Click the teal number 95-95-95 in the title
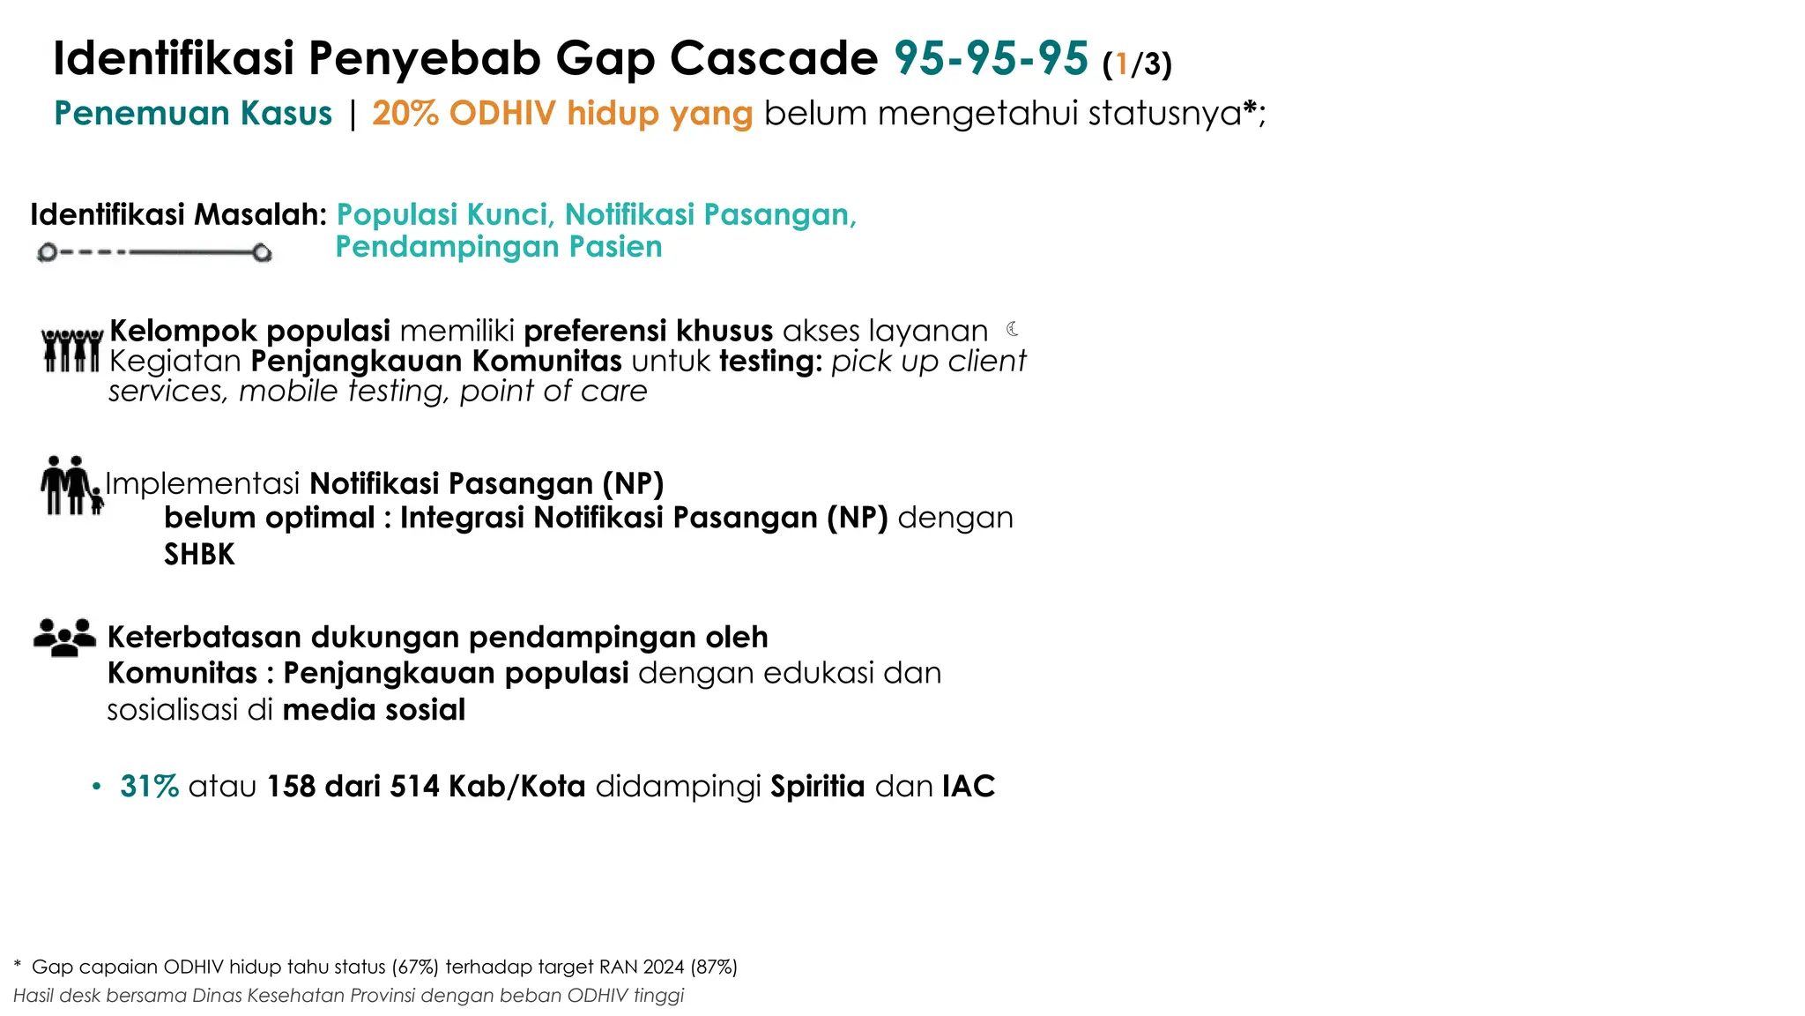tap(992, 59)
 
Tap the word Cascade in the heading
tap(773, 59)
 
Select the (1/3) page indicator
tap(1137, 63)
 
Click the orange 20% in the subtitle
tap(405, 114)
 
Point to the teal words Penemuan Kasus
tap(193, 114)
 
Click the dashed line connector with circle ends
tap(154, 253)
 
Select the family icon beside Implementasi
tap(71, 485)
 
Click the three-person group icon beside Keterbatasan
tap(64, 637)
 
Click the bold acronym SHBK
tap(199, 554)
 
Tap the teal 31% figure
tap(149, 786)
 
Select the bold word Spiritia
tap(817, 786)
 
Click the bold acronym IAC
tap(968, 786)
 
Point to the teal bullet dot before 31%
tap(97, 786)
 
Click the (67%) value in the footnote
tap(415, 967)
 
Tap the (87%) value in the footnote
tap(714, 967)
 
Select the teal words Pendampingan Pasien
tap(499, 247)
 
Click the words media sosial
tap(374, 709)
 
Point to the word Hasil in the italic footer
tap(33, 996)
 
